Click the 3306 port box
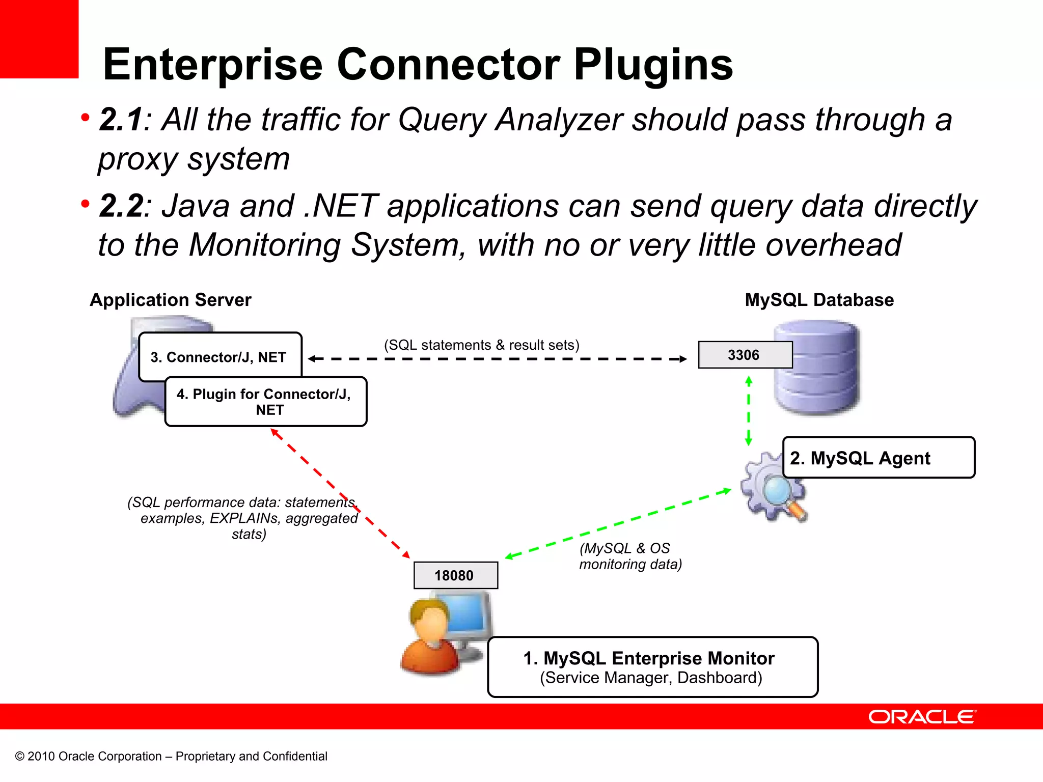tap(745, 355)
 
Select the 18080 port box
tap(455, 575)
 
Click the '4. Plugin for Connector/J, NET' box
tap(265, 402)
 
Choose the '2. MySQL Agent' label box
tap(878, 458)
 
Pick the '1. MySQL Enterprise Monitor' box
tap(652, 667)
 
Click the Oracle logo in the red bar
tap(922, 717)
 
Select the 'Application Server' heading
tap(171, 300)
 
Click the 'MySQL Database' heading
tap(819, 300)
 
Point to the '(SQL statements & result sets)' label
tap(481, 345)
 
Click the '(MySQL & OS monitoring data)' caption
tap(630, 556)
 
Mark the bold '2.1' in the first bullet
tap(121, 120)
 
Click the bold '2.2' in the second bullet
tap(121, 206)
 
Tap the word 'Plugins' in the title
tap(653, 65)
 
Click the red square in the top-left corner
tap(39, 39)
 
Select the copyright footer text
tap(171, 756)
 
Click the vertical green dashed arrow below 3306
tap(748, 410)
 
